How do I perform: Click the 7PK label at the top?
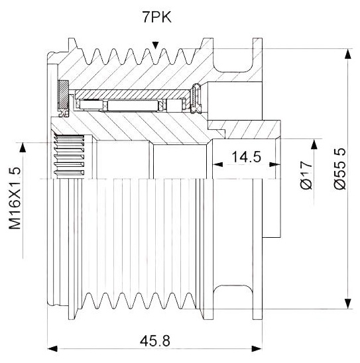[157, 17]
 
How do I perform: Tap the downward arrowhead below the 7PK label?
[155, 45]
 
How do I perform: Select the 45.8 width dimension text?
[154, 341]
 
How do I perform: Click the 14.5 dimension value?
[246, 157]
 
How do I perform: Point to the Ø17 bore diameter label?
[306, 176]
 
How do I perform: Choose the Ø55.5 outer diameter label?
[339, 169]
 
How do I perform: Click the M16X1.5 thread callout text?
[15, 198]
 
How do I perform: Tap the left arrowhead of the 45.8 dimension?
[52, 348]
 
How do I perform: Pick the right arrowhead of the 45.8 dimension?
[257, 348]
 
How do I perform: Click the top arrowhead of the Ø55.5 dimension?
[347, 54]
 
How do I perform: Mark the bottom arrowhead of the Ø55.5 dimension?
[347, 304]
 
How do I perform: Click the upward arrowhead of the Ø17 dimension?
[314, 144]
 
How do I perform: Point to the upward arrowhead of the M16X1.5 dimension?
[23, 148]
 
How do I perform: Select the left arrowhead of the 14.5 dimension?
[217, 164]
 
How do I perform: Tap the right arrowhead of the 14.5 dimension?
[275, 164]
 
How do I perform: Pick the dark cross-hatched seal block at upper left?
[63, 95]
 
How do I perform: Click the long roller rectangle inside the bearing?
[133, 105]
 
